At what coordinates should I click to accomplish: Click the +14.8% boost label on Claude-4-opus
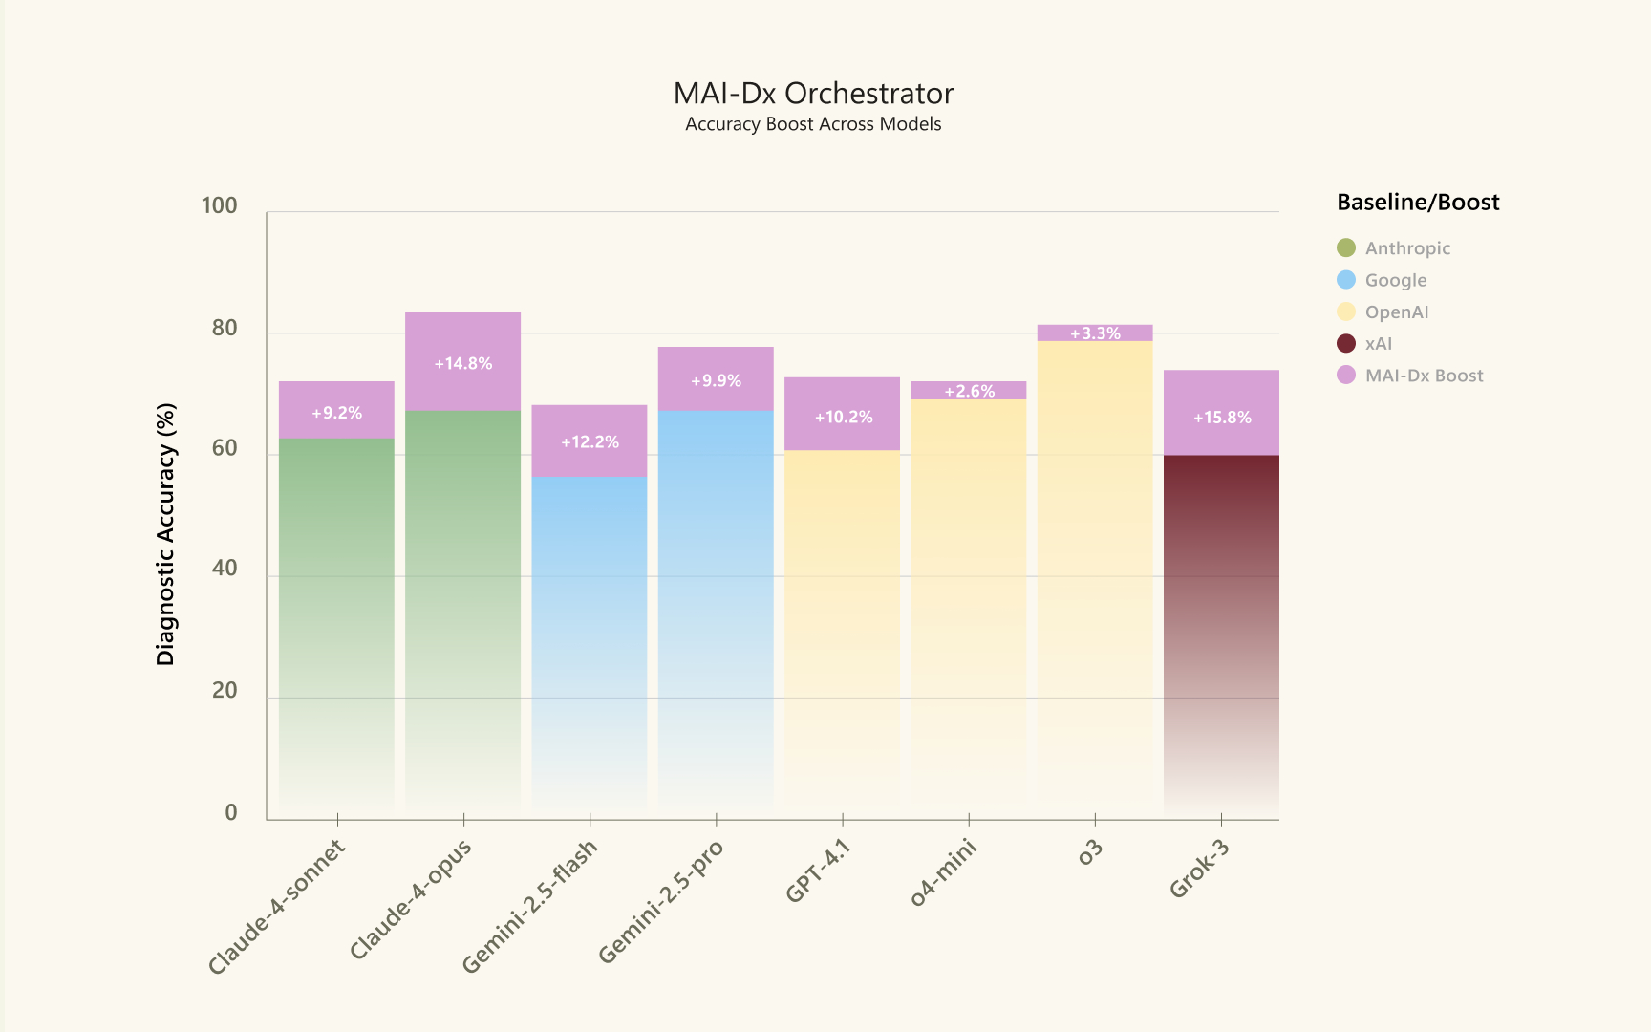[x=463, y=364]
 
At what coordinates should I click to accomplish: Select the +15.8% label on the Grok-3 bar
[x=1222, y=418]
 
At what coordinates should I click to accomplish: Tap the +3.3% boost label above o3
[x=1095, y=333]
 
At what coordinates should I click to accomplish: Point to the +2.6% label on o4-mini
[x=969, y=391]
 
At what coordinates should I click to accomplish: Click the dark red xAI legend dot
[x=1346, y=343]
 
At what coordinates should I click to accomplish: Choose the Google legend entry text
[x=1396, y=280]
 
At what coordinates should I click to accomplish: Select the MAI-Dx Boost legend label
[x=1424, y=376]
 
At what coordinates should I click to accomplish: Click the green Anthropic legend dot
[x=1346, y=247]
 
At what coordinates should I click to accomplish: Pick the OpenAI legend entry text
[x=1397, y=312]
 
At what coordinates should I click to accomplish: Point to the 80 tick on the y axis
[x=225, y=328]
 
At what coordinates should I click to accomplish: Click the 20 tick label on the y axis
[x=225, y=690]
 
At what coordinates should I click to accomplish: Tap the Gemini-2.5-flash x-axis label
[x=530, y=906]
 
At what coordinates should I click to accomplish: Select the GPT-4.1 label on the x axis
[x=818, y=871]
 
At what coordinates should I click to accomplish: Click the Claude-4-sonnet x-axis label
[x=277, y=907]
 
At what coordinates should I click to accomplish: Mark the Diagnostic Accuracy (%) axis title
[x=166, y=534]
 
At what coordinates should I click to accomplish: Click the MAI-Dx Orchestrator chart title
[x=813, y=94]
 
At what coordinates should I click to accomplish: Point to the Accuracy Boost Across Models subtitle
[x=813, y=124]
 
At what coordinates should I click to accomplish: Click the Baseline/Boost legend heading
[x=1418, y=203]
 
